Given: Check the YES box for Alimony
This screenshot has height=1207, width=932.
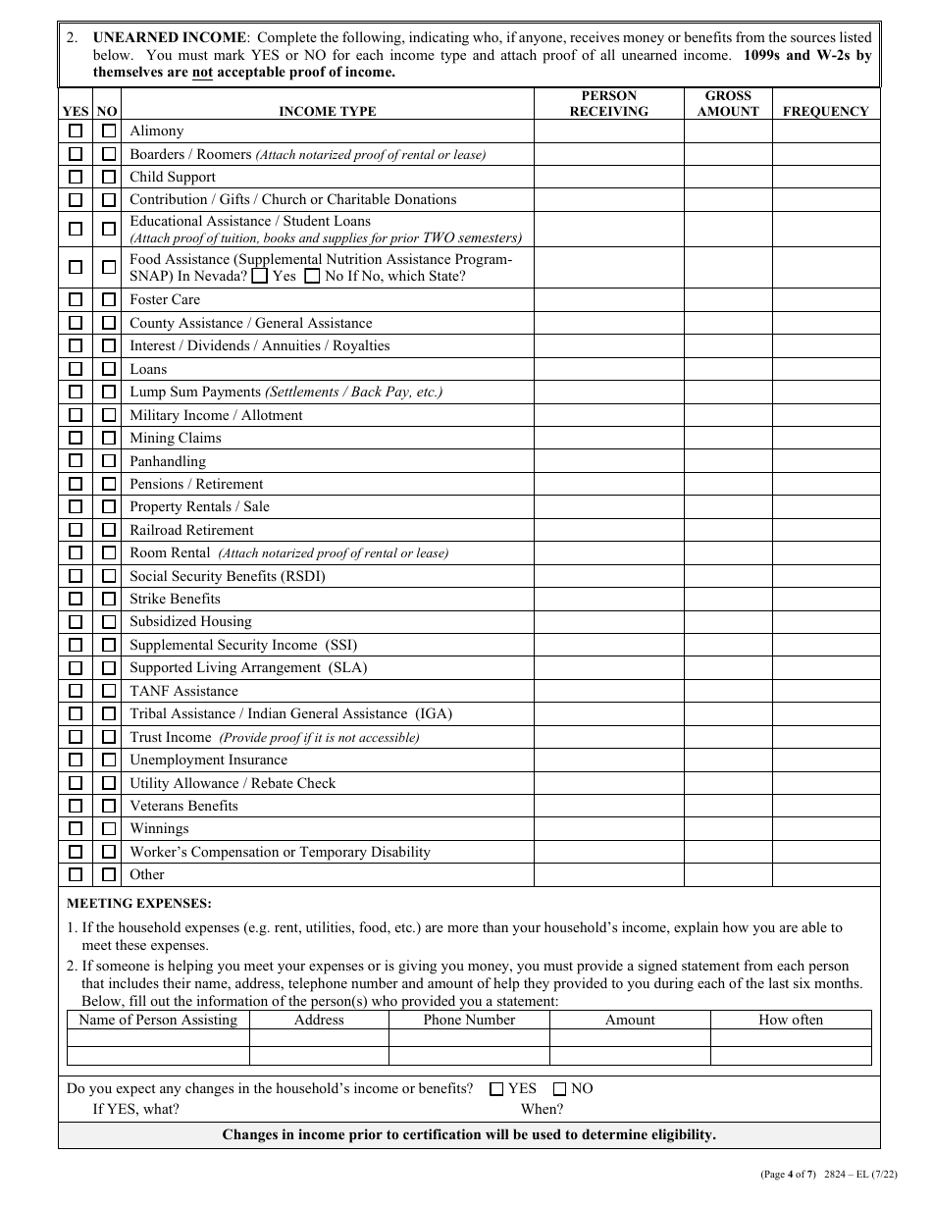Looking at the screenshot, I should (x=76, y=131).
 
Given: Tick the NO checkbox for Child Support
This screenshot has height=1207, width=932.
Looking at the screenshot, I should (x=109, y=177).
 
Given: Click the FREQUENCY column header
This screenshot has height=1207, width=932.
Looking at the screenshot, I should (x=825, y=111).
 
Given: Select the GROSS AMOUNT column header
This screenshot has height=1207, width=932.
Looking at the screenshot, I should (x=728, y=103).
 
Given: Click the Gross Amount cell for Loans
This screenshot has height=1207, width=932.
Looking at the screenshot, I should (x=728, y=369).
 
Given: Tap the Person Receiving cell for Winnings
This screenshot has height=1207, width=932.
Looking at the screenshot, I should (x=608, y=829).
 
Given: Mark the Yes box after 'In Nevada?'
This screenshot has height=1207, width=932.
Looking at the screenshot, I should (x=260, y=277).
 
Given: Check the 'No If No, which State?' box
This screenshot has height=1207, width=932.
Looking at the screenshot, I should (x=312, y=277).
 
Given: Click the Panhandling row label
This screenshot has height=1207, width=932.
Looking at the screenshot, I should (x=168, y=461).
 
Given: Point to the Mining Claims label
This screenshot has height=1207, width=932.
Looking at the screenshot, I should (x=176, y=438).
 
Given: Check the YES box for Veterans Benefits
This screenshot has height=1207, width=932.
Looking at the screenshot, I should (x=76, y=806).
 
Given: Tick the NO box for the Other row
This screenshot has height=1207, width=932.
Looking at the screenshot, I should (x=109, y=874).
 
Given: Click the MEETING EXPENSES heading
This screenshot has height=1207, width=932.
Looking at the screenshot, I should (x=138, y=903).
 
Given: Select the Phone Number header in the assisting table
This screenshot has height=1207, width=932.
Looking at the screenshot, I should (x=469, y=1020).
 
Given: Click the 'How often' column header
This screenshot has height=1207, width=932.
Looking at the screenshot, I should (x=791, y=1020).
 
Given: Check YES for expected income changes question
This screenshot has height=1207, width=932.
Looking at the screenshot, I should (x=496, y=1088).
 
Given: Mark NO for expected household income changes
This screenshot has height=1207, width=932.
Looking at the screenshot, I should (x=559, y=1088).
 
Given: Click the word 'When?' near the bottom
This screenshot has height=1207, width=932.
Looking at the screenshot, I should (x=542, y=1109).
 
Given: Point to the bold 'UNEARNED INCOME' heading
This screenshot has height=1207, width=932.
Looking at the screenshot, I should (x=169, y=37).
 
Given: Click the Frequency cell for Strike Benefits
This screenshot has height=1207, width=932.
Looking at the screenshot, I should (x=825, y=599).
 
